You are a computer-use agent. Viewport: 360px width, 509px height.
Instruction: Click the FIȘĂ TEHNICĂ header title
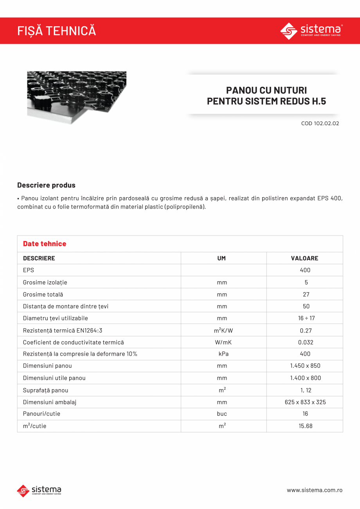tap(56, 31)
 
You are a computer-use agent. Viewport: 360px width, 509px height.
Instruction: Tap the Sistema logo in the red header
tap(311, 31)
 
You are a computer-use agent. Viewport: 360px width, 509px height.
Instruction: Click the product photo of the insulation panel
tap(77, 97)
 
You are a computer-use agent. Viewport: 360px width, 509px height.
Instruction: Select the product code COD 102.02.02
tap(320, 123)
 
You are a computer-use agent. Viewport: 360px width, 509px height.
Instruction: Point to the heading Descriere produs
tap(46, 185)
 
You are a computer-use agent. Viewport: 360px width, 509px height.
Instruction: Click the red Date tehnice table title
tap(45, 244)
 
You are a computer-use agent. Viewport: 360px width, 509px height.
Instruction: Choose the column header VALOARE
tap(304, 258)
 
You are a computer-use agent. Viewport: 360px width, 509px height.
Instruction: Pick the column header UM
tap(221, 258)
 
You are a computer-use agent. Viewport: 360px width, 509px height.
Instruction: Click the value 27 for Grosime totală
tap(306, 294)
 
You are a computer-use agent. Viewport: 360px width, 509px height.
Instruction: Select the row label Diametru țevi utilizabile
tap(56, 318)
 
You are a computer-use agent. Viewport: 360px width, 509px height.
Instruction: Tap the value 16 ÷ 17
tap(306, 318)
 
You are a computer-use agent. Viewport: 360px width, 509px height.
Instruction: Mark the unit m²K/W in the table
tap(223, 330)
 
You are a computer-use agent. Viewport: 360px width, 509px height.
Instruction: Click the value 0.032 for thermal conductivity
tap(306, 342)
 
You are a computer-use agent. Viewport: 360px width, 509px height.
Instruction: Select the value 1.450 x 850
tap(305, 366)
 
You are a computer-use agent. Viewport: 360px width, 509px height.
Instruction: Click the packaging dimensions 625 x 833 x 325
tap(305, 402)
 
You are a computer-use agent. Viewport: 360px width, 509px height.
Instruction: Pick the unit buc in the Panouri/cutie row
tap(222, 414)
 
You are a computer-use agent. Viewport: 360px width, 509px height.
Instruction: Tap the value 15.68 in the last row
tap(306, 426)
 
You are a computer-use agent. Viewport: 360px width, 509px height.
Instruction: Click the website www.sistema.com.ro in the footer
tap(315, 490)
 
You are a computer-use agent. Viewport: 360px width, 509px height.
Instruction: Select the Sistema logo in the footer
tap(39, 490)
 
